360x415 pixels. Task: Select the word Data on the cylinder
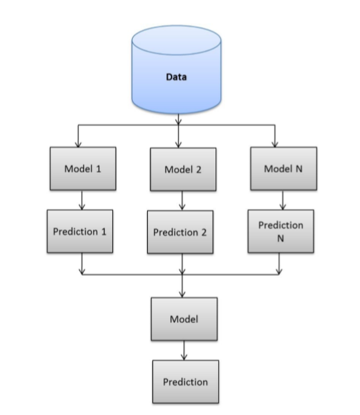176,77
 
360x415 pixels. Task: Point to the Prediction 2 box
180,232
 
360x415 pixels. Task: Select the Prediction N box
281,231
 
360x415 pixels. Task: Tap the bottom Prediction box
185,381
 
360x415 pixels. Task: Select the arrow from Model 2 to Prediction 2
182,200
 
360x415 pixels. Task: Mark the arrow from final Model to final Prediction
185,349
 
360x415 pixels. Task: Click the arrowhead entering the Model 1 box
79,144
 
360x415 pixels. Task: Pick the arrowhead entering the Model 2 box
178,144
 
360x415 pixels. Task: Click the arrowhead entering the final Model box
182,295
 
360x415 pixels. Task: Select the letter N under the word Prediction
281,239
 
